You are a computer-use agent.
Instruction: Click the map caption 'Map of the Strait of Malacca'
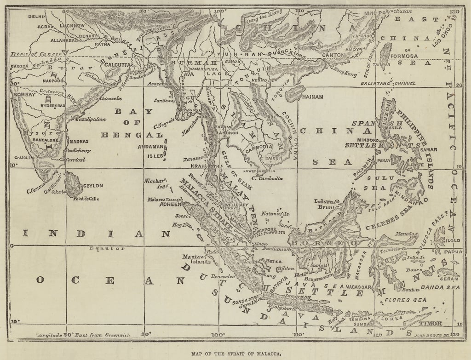[x=235, y=354]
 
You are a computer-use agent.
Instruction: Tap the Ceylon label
[x=93, y=186]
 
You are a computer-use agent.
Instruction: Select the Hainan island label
[x=312, y=97]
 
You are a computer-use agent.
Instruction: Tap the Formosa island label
[x=404, y=56]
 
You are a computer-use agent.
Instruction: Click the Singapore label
[x=263, y=229]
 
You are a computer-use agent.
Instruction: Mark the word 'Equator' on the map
[x=107, y=248]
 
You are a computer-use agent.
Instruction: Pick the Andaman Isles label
[x=151, y=151]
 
